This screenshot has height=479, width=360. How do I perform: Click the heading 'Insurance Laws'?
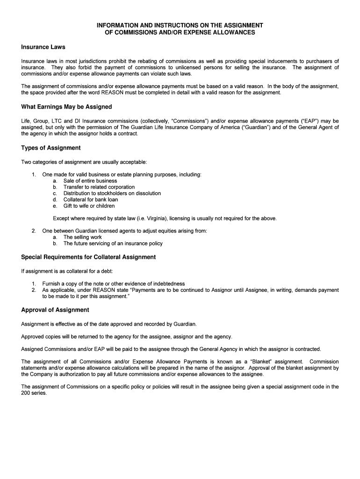click(43, 47)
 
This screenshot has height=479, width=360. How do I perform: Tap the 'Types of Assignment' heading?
click(51, 148)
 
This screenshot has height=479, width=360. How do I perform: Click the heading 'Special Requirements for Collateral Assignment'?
click(88, 257)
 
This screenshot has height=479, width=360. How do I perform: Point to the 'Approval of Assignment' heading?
click(55, 310)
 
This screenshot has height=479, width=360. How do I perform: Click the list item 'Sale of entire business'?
click(90, 181)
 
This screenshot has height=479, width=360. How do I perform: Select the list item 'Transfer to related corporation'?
click(99, 187)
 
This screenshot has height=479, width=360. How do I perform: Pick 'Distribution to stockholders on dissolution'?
click(112, 193)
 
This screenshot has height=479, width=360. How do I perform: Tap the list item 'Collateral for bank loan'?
click(91, 200)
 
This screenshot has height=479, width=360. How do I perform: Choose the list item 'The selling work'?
click(82, 237)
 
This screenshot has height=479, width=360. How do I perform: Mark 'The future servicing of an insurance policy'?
click(113, 243)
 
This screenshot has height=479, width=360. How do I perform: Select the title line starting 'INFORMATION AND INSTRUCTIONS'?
click(180, 25)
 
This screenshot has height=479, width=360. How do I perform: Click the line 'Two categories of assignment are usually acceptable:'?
click(84, 162)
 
